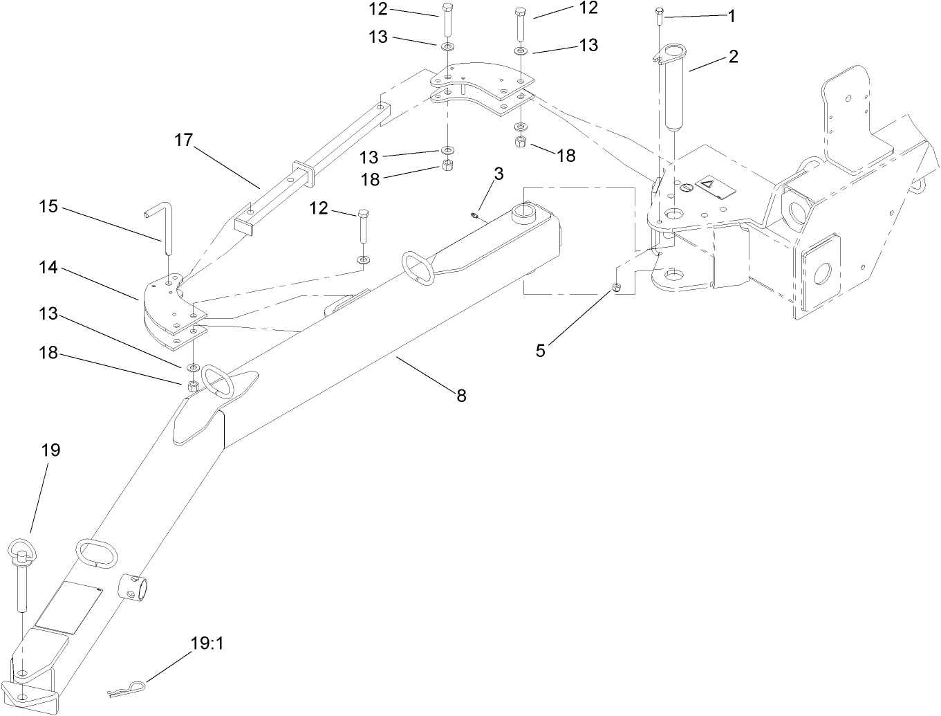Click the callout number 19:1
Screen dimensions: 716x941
(207, 644)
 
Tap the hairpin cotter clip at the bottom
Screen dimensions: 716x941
(127, 689)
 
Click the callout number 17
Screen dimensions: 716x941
(183, 140)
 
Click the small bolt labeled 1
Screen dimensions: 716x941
(659, 17)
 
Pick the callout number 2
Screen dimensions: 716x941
(732, 57)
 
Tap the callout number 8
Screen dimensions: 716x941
(460, 396)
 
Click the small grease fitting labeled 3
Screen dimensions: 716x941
(475, 216)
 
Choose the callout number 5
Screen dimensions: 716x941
(541, 351)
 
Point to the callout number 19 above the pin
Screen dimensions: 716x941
(50, 450)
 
